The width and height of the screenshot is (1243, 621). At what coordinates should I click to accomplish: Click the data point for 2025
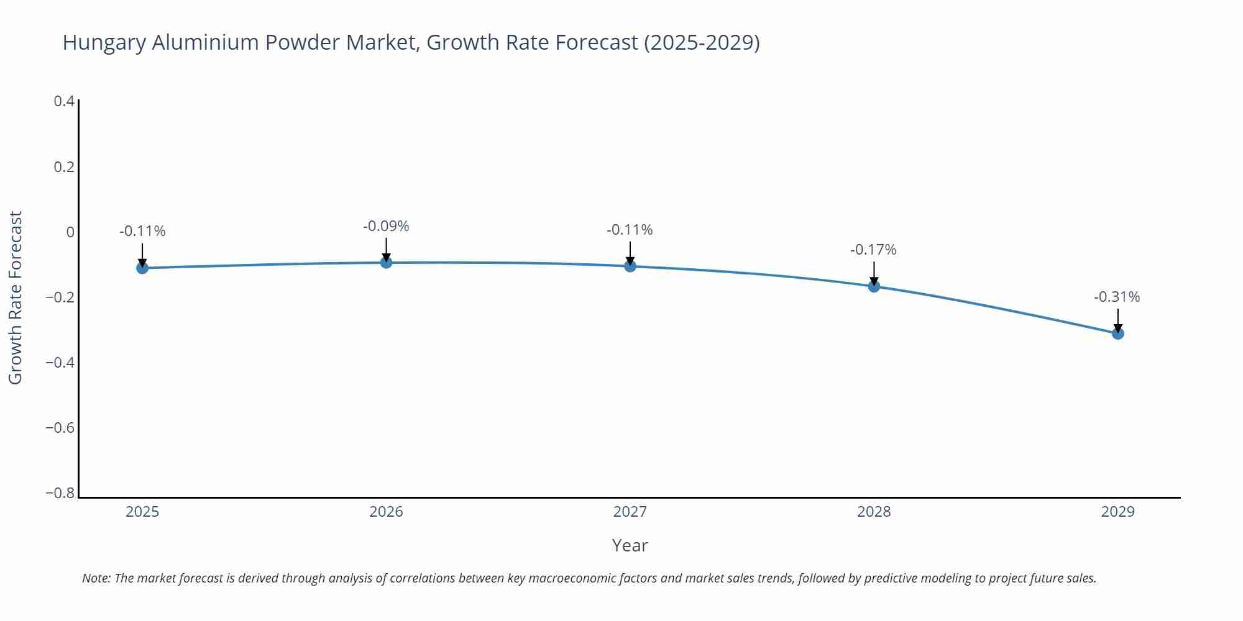click(x=142, y=268)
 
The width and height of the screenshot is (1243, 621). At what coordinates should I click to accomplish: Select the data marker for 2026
click(x=386, y=262)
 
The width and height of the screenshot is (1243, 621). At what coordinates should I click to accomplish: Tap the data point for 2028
click(x=874, y=286)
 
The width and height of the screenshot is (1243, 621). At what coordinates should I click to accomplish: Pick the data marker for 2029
click(x=1117, y=333)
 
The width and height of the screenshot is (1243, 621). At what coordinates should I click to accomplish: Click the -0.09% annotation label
click(x=386, y=227)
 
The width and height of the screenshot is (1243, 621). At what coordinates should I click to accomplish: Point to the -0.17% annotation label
click(x=873, y=250)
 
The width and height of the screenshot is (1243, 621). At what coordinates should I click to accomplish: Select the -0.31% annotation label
click(x=1117, y=297)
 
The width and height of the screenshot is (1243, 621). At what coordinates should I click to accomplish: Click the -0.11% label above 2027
click(x=630, y=230)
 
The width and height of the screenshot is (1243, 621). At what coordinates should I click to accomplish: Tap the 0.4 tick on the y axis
click(x=64, y=101)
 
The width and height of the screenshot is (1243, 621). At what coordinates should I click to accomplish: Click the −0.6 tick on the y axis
click(x=60, y=428)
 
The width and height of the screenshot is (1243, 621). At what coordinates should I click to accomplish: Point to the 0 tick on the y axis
click(x=70, y=232)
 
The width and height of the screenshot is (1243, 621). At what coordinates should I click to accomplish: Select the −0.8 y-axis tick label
click(x=60, y=493)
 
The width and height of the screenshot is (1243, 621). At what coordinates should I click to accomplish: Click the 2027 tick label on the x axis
click(x=630, y=512)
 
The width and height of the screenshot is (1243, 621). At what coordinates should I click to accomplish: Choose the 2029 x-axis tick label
click(x=1117, y=512)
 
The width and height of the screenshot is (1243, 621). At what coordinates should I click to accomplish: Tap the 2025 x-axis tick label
click(x=142, y=512)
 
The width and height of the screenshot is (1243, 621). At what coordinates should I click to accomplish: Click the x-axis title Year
click(x=630, y=546)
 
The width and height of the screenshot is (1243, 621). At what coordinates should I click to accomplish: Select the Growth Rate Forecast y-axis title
click(x=15, y=297)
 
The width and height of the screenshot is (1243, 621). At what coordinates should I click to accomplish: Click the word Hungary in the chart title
click(x=104, y=43)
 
